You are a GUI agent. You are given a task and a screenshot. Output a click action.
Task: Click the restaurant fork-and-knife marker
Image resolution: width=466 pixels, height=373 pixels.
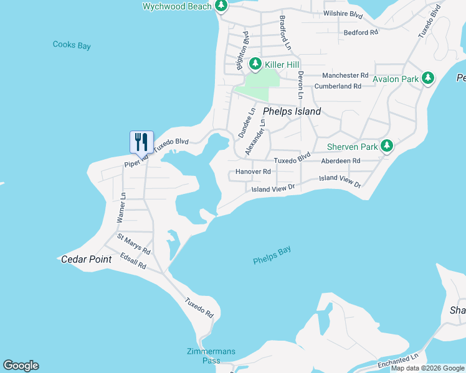(x=141, y=142)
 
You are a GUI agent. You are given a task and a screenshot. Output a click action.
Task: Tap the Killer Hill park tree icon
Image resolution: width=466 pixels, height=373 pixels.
(x=255, y=64)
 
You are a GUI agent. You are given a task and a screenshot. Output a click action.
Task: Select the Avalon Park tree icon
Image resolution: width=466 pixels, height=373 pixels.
(x=427, y=78)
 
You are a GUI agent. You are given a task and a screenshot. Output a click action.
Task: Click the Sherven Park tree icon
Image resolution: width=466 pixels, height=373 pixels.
(x=387, y=146)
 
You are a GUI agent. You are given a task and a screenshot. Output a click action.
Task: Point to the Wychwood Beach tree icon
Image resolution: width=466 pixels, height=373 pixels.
(x=221, y=6)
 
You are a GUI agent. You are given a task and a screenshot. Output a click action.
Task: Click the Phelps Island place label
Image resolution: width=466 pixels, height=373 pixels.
(x=292, y=112)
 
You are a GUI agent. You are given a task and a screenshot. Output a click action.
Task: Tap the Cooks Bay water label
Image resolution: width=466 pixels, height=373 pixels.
(x=72, y=45)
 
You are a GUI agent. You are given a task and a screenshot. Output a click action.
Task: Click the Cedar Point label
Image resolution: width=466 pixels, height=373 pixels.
(x=86, y=259)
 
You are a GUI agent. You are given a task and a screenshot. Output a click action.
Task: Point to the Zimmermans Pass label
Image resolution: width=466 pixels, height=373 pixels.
(x=212, y=356)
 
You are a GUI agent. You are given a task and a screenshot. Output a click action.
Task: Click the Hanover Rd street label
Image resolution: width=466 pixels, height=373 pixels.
(x=253, y=172)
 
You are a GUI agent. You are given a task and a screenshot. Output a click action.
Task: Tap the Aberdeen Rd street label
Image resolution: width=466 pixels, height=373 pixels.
(x=341, y=160)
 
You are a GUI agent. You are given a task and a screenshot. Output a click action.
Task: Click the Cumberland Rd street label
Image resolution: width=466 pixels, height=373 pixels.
(x=338, y=86)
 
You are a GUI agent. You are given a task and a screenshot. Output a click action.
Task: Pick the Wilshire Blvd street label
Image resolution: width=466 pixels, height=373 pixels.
(x=343, y=13)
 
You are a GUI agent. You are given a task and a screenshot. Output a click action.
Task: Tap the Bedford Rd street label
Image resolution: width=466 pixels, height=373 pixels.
(x=361, y=32)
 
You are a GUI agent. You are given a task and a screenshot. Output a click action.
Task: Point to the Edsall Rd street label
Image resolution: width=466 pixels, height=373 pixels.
(x=133, y=262)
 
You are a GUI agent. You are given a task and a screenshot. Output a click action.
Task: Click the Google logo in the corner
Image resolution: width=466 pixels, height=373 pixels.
(x=21, y=366)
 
